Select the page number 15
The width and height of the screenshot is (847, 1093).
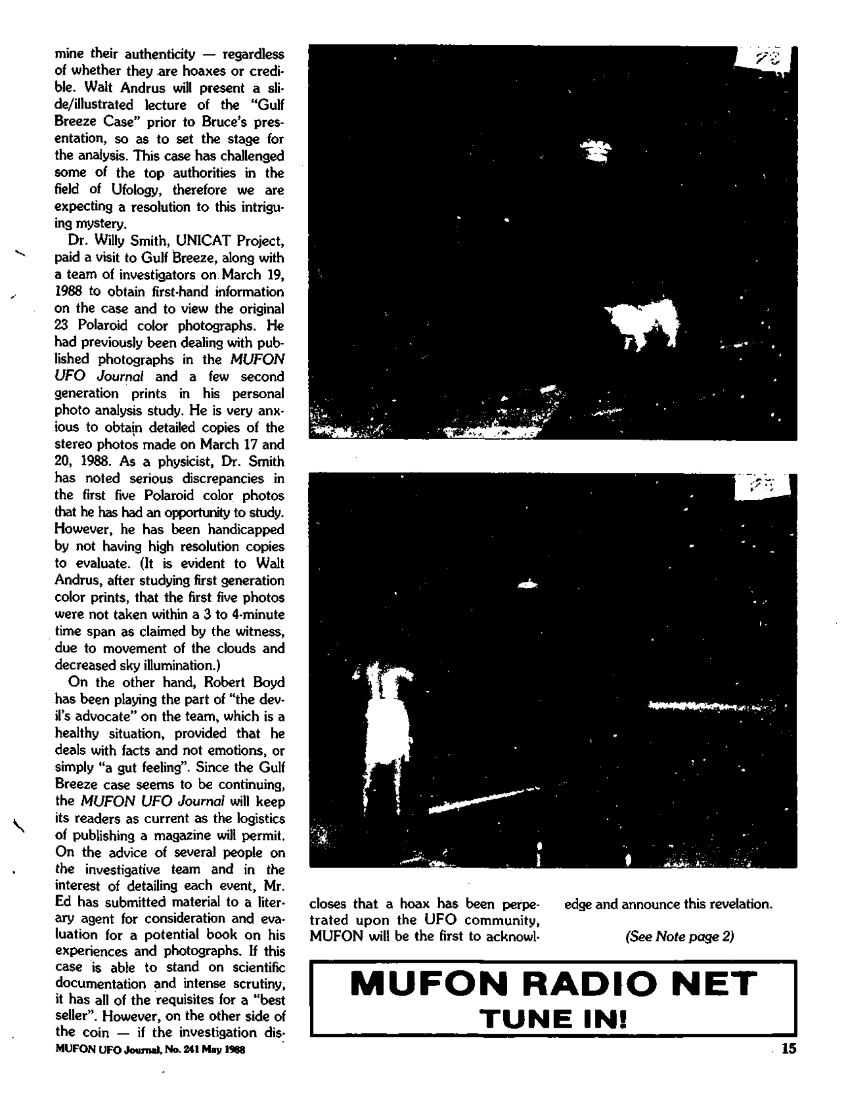[788, 1049]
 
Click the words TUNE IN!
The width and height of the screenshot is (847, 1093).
[553, 1019]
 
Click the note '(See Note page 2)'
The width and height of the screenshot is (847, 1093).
[679, 936]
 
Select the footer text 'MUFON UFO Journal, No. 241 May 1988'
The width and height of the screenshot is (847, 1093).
[150, 1050]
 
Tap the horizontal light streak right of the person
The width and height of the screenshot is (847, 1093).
[711, 707]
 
